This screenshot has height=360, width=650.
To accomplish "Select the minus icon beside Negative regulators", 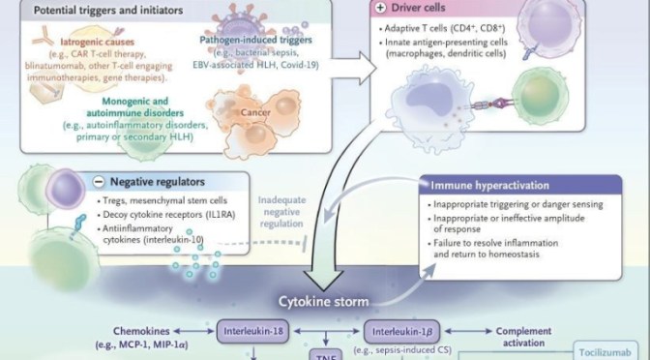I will (101, 181).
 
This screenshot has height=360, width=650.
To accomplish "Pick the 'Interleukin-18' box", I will (253, 329).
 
